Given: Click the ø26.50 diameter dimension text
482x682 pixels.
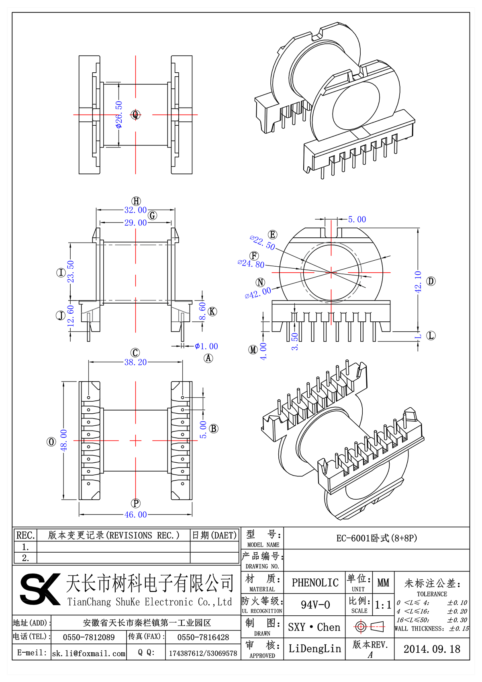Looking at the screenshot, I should point(119,114).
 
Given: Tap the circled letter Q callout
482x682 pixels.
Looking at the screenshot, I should point(135,115).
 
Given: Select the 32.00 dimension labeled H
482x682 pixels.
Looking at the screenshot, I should point(135,210).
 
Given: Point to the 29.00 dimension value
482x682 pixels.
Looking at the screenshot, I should point(135,223).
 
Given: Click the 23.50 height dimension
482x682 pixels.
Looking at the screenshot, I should point(71,272).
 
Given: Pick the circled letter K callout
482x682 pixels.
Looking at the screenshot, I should point(212,311).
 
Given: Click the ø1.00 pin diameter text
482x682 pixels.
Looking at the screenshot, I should point(206,346).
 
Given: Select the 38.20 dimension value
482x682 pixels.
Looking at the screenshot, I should point(135,362).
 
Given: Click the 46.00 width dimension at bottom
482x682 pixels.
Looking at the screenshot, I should point(135,515).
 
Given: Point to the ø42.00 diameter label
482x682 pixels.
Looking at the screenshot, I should point(258,293).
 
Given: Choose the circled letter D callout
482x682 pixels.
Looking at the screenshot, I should point(431,281).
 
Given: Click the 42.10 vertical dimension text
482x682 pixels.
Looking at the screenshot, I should point(418,282).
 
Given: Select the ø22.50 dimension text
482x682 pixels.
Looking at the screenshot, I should point(262,243).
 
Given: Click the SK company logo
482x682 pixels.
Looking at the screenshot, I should point(40,589).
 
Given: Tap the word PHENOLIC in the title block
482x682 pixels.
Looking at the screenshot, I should point(315,583).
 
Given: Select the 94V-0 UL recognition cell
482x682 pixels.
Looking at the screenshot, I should point(315,605).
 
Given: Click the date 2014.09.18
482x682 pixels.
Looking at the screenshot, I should point(431,649).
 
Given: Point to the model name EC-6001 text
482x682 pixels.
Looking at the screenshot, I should point(376,538).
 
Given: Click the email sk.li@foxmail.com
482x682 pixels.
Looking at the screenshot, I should point(89,653).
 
